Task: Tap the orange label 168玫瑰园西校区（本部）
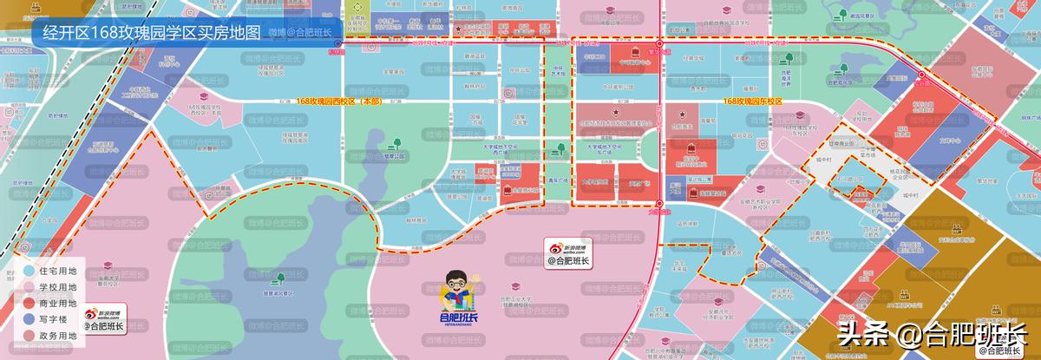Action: [338, 101]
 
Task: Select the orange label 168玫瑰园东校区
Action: [752, 101]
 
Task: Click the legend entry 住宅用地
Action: [57, 272]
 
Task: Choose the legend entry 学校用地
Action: [57, 288]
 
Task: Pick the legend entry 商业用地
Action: [57, 304]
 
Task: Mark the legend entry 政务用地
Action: [57, 337]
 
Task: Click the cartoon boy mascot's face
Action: [458, 285]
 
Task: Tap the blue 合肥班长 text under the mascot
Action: [458, 318]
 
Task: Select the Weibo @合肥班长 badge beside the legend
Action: [104, 319]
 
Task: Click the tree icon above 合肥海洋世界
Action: [789, 59]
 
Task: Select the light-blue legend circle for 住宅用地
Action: [29, 272]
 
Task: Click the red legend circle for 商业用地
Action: [29, 304]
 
